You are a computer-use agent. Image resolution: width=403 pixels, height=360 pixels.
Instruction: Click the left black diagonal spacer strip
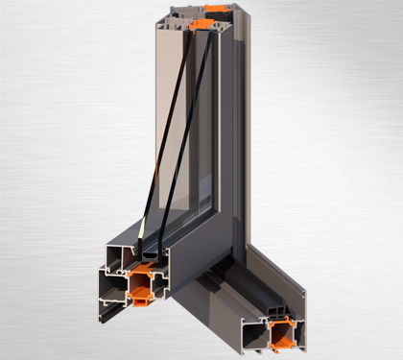pyautogui.click(x=167, y=134)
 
